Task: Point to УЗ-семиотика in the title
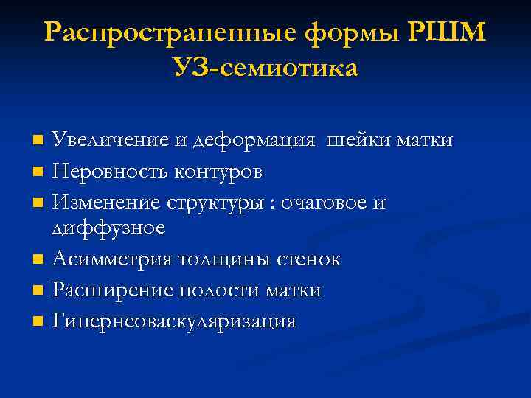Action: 265,69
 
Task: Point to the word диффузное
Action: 108,228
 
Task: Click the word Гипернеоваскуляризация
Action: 175,321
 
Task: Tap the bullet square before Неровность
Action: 38,172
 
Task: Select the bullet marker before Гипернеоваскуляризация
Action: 38,322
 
